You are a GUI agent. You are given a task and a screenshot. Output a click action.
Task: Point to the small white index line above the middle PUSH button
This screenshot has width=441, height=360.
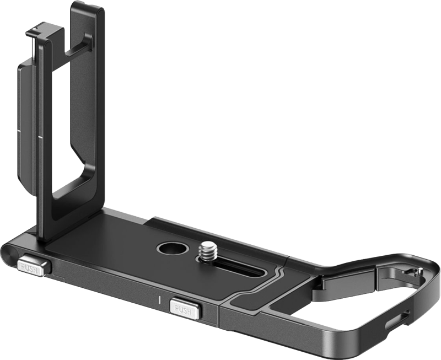(x=158, y=301)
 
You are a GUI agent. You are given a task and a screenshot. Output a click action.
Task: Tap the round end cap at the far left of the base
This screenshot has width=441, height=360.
(x=14, y=254)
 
